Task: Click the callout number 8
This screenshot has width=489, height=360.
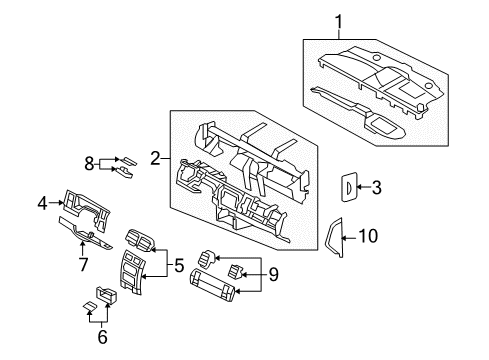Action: tap(88, 163)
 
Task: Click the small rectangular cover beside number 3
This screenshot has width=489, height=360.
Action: tap(348, 185)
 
